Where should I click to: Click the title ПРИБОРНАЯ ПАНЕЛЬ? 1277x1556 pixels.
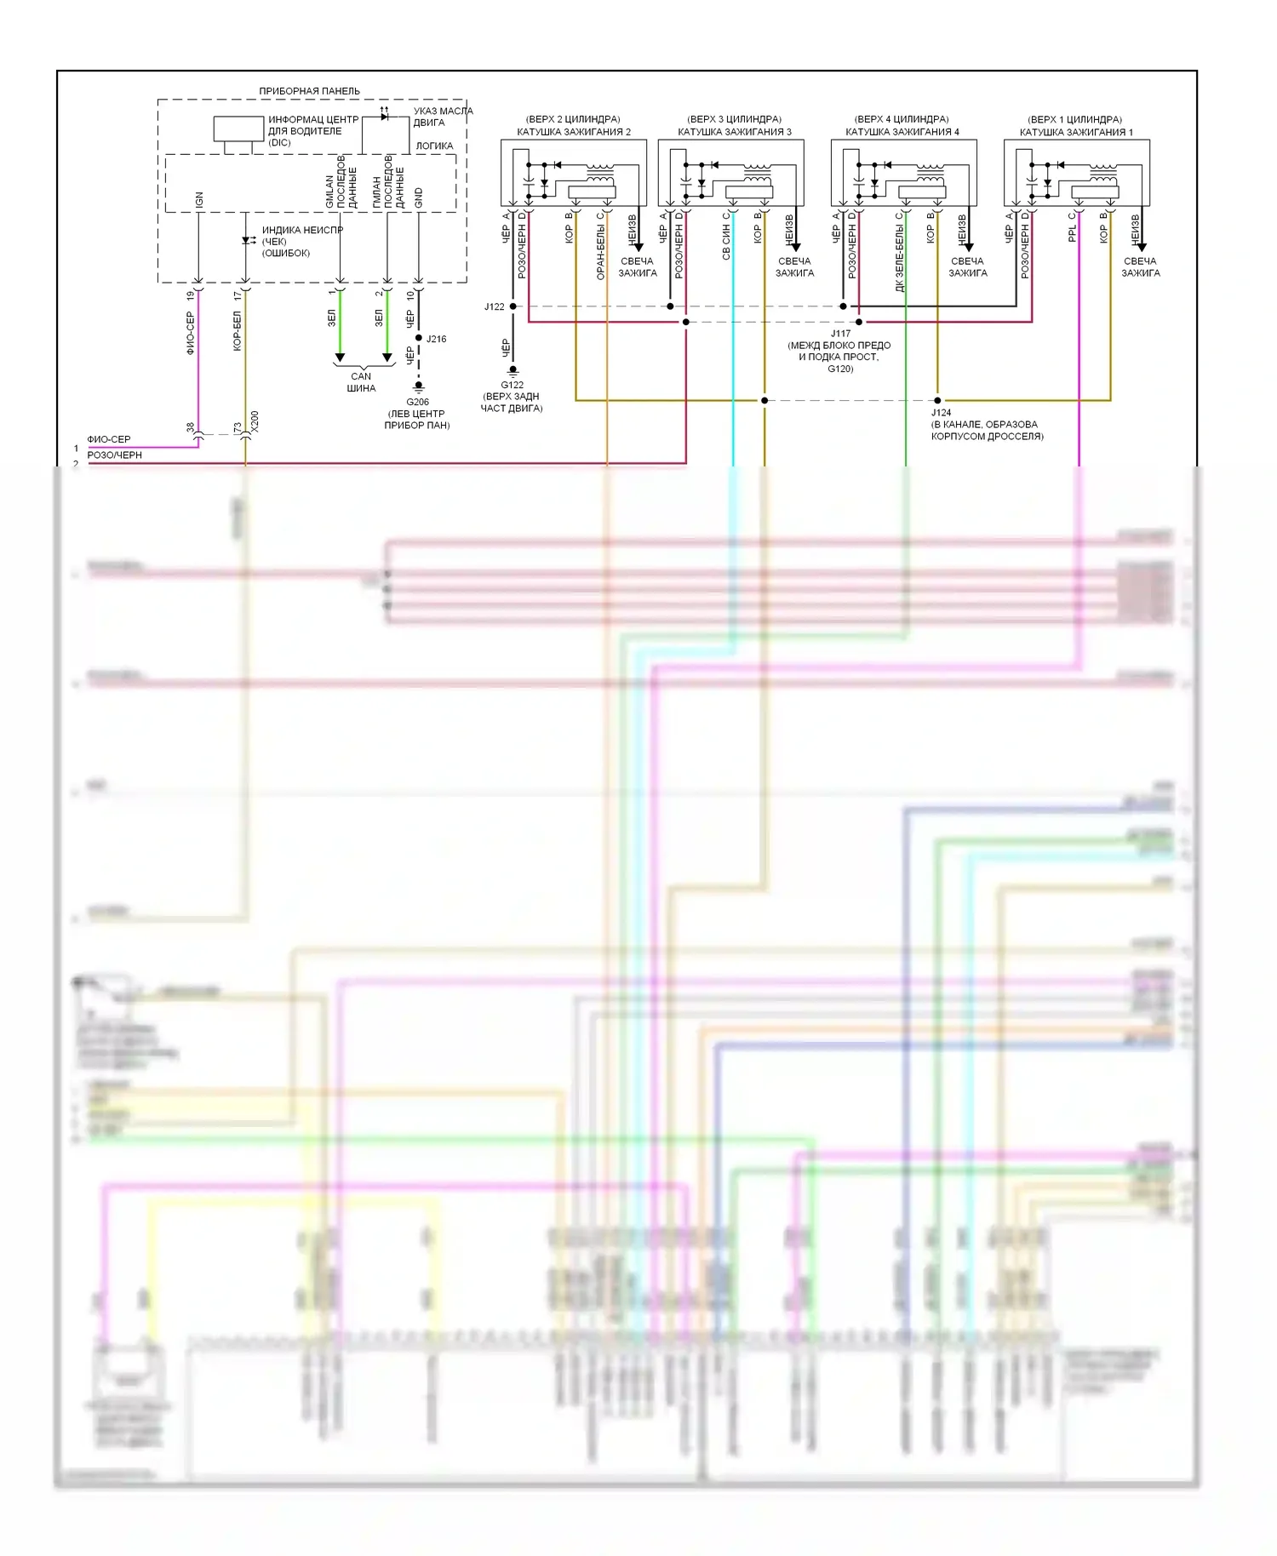309,91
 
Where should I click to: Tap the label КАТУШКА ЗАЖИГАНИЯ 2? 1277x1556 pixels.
574,132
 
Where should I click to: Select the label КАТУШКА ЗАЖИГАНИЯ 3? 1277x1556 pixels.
734,132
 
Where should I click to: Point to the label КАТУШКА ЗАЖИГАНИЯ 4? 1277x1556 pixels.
902,132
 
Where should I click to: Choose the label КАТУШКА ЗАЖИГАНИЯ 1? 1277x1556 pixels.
1075,132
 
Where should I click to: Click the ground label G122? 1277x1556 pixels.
512,385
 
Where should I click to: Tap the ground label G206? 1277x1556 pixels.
417,402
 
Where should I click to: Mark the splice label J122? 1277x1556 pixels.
494,306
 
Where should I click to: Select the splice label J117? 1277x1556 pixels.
840,334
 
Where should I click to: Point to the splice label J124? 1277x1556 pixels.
941,413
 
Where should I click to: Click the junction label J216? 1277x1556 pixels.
436,339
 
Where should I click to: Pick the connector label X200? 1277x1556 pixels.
255,421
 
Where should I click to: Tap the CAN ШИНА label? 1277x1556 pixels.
361,382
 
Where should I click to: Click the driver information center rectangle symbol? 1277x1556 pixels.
238,129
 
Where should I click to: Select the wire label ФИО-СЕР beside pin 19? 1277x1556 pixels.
190,332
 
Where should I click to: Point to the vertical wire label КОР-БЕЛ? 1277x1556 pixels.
238,330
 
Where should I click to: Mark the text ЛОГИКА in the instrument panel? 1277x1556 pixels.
434,146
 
